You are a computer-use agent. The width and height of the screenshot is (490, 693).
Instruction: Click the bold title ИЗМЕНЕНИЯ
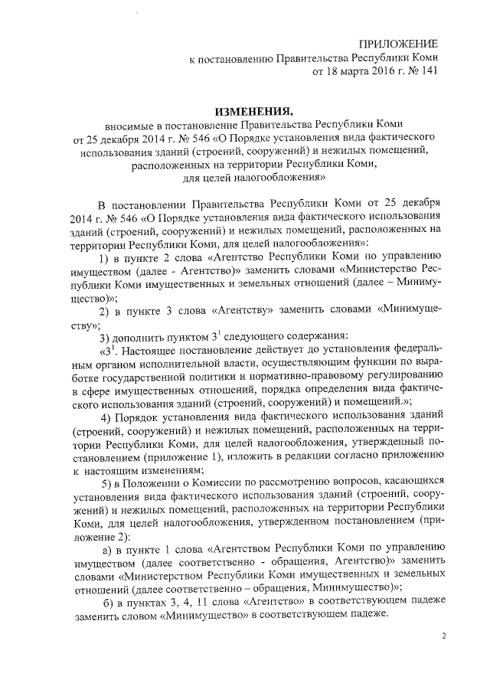coord(250,112)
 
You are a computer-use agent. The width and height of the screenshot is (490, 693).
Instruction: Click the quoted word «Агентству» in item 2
coord(257,311)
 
